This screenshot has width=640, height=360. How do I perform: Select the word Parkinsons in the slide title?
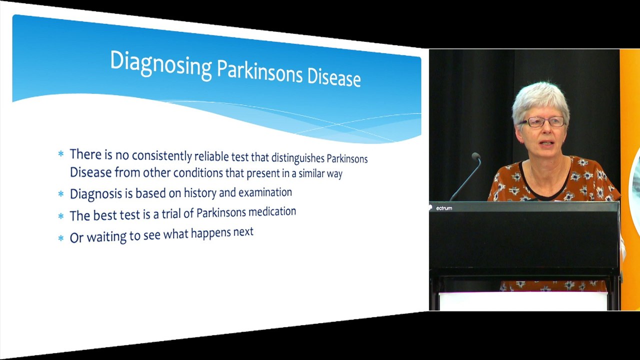tap(259, 71)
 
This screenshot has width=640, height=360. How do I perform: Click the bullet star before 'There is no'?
tap(61, 154)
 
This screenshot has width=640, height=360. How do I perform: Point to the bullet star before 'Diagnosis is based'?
tap(61, 193)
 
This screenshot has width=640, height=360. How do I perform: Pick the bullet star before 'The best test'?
tap(61, 215)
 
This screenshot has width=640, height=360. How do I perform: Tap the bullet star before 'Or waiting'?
tap(61, 237)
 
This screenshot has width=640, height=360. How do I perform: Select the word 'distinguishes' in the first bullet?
tap(297, 158)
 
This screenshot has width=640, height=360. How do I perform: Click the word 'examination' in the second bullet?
tap(265, 192)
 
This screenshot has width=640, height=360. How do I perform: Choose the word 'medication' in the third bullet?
tap(272, 211)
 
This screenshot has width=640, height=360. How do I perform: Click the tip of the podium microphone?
tap(475, 156)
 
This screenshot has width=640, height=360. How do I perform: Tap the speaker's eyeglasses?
tap(542, 122)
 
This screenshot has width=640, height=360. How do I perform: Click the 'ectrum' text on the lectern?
tap(444, 208)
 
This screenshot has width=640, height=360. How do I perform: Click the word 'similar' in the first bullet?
tap(314, 173)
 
